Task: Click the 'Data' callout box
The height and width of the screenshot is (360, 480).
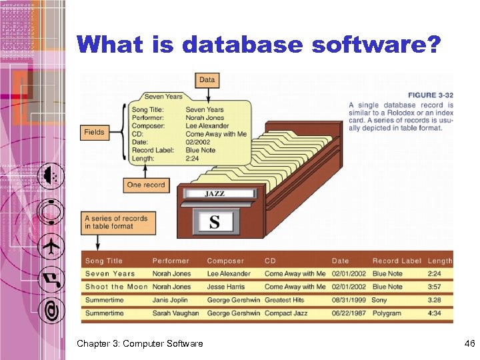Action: tap(207, 80)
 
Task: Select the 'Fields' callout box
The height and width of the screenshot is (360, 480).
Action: tap(94, 132)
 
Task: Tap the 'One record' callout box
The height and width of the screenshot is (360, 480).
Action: tap(146, 185)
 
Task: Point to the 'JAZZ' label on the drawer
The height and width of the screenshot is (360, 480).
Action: tap(215, 194)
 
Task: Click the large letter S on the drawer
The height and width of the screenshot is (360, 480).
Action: tap(214, 221)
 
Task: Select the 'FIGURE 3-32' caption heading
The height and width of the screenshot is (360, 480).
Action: tap(431, 95)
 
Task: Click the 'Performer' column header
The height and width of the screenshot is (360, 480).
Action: tap(171, 261)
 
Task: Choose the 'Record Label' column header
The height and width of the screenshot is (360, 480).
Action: tap(397, 261)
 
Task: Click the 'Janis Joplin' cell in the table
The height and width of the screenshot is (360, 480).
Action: tap(171, 300)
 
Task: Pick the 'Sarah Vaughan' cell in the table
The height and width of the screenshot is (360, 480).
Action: tap(175, 313)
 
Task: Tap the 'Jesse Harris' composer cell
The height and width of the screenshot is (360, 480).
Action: tap(226, 287)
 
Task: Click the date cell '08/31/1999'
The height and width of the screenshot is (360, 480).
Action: tap(349, 300)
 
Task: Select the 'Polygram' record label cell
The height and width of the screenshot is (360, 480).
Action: tap(387, 313)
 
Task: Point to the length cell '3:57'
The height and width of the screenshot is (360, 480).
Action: tap(435, 287)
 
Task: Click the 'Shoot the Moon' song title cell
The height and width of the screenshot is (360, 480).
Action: tap(116, 287)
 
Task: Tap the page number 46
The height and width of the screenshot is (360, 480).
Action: tap(469, 343)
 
